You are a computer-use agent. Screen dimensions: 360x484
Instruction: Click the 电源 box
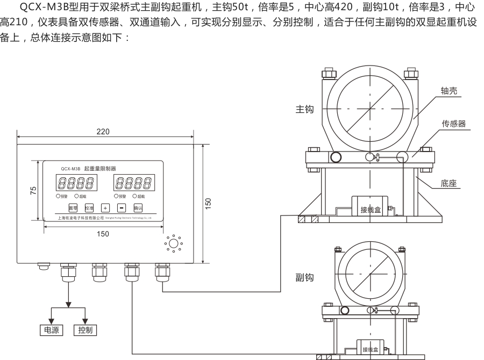(52, 330)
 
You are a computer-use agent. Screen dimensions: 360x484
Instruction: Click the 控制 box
(85, 330)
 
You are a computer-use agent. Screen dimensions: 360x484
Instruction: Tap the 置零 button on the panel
(73, 207)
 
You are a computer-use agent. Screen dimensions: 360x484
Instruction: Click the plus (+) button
(105, 207)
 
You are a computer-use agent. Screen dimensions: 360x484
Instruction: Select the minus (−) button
(122, 207)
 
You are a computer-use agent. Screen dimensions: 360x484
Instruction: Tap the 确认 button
(138, 207)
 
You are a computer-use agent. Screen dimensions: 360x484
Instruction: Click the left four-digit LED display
(76, 184)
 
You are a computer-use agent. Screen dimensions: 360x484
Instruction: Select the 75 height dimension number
(33, 190)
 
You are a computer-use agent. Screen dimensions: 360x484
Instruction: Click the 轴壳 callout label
(449, 92)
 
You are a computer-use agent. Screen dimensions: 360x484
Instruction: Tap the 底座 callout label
(449, 184)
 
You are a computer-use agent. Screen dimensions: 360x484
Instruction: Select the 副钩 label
(304, 278)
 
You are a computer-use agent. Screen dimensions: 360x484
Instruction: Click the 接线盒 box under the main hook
(371, 208)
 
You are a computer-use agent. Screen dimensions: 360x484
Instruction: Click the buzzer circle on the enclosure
(173, 244)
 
